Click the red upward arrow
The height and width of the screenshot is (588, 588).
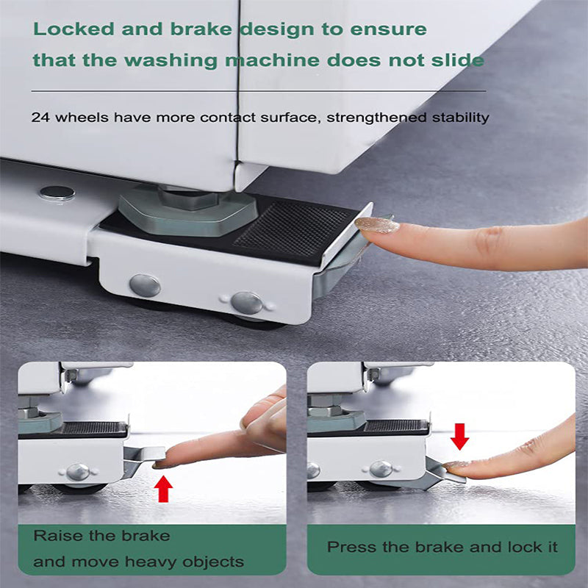164,489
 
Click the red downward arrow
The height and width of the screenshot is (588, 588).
459,435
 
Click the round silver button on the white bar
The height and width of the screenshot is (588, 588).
57,193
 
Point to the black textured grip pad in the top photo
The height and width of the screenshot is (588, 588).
294,229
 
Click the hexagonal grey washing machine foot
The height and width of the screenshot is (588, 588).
187,209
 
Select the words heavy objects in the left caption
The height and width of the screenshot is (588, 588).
198,562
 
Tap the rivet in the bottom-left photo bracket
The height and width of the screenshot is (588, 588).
78,472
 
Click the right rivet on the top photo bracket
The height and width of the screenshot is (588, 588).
246,302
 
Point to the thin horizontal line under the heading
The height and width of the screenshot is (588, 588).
257,91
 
